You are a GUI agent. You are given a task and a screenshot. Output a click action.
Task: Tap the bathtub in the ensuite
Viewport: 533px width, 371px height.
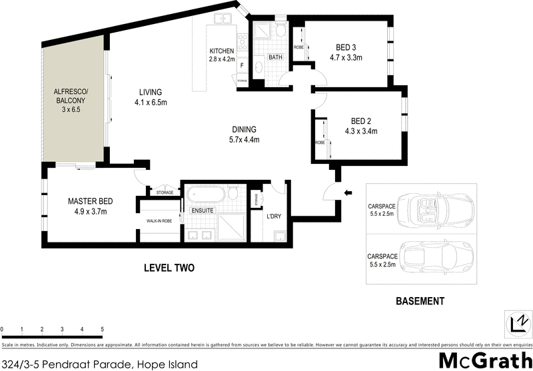coord(205,195)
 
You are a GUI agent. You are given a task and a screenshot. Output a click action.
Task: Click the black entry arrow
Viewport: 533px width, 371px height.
coord(347,193)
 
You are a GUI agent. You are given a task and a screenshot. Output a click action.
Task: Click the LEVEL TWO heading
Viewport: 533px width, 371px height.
coord(169,268)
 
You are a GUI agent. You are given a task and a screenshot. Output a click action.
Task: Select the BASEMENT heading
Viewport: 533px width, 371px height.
coord(420,302)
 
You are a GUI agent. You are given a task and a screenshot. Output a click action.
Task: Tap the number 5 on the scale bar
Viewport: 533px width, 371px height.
coord(102,329)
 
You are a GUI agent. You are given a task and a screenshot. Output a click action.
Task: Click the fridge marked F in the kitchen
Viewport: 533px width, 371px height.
coord(241,65)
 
